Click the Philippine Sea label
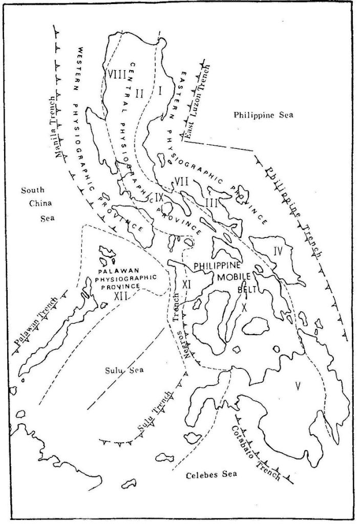262,115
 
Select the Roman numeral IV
278,252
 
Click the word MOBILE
232,277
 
